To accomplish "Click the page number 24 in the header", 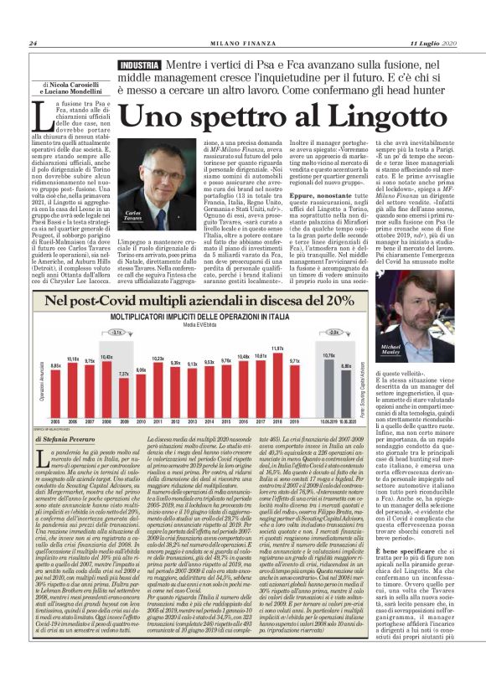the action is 33,44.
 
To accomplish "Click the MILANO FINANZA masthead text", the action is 242,44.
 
